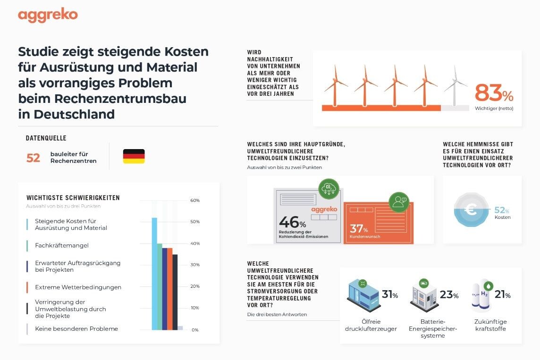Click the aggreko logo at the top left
[48, 15]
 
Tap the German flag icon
[134, 156]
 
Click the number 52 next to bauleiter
[33, 158]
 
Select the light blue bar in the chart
[155, 274]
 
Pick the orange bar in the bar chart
[170, 289]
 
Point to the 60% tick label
[195, 201]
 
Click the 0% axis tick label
[195, 330]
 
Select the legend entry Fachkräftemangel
[62, 245]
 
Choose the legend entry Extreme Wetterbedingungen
[78, 287]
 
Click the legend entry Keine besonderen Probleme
[76, 329]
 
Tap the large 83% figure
[494, 93]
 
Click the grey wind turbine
[455, 86]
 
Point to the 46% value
[292, 222]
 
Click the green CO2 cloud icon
[329, 189]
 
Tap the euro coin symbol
[471, 209]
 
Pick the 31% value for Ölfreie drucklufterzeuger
[390, 294]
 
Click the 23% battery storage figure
[449, 294]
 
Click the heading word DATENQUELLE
[46, 138]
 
